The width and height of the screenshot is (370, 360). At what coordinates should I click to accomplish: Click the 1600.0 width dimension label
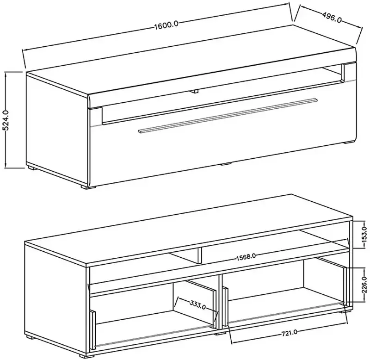coord(166,25)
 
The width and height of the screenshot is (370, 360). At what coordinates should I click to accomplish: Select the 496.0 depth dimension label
coord(332,18)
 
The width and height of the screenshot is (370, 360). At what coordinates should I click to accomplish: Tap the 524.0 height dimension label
coord(6,120)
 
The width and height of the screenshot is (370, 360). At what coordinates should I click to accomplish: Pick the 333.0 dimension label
coord(197,305)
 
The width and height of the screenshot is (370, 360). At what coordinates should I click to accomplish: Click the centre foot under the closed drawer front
coord(226,164)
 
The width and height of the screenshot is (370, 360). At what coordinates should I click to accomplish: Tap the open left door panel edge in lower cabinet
coord(92,329)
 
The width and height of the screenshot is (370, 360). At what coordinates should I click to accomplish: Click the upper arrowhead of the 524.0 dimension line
coord(6,73)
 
